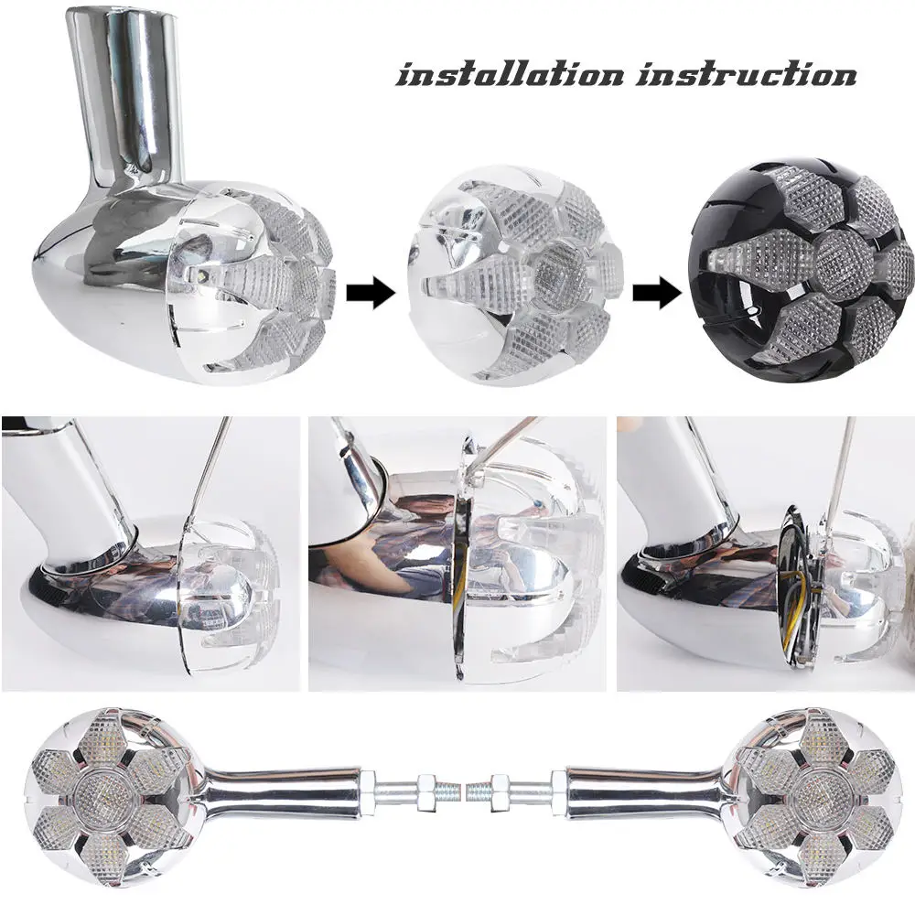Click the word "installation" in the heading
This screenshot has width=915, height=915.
(x=509, y=74)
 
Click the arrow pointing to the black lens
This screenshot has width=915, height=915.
(x=658, y=294)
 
